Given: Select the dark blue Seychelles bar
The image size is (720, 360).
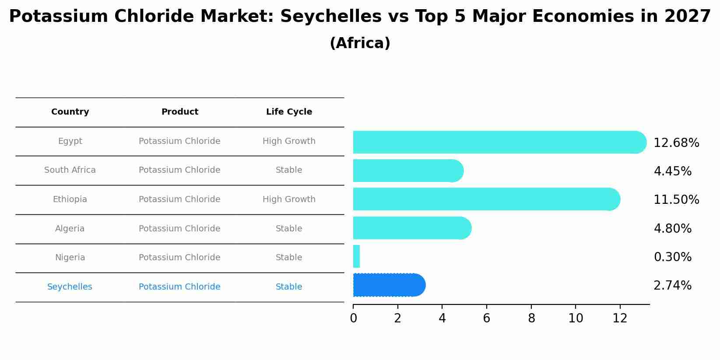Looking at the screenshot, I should pyautogui.click(x=389, y=285).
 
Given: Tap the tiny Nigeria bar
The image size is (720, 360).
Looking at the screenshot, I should pyautogui.click(x=356, y=256).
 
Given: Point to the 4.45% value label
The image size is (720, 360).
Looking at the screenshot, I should pyautogui.click(x=672, y=171).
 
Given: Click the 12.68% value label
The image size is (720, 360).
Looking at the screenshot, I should pyautogui.click(x=676, y=143).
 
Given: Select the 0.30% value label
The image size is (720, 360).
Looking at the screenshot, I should pyautogui.click(x=672, y=257).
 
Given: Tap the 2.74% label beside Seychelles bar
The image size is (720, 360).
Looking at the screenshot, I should pyautogui.click(x=672, y=286).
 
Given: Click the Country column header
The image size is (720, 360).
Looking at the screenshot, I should pyautogui.click(x=70, y=112).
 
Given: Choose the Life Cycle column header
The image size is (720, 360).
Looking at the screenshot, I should pyautogui.click(x=289, y=112).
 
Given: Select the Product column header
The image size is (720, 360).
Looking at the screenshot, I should pyautogui.click(x=179, y=112).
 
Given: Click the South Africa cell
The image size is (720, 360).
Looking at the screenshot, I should pyautogui.click(x=70, y=170).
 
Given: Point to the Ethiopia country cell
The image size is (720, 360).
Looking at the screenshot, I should pyautogui.click(x=70, y=199).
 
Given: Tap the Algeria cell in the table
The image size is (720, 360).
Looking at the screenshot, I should pyautogui.click(x=70, y=229).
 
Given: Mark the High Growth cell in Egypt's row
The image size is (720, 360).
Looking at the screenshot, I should pyautogui.click(x=289, y=141).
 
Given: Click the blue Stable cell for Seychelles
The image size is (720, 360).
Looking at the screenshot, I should pyautogui.click(x=289, y=287).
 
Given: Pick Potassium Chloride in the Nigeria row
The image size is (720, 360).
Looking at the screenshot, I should pyautogui.click(x=179, y=258).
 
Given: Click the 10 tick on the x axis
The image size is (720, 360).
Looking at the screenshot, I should pyautogui.click(x=576, y=318).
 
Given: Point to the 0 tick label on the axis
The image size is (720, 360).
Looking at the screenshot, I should pyautogui.click(x=353, y=318).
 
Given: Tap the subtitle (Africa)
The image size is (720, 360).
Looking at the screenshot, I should pyautogui.click(x=360, y=43).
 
